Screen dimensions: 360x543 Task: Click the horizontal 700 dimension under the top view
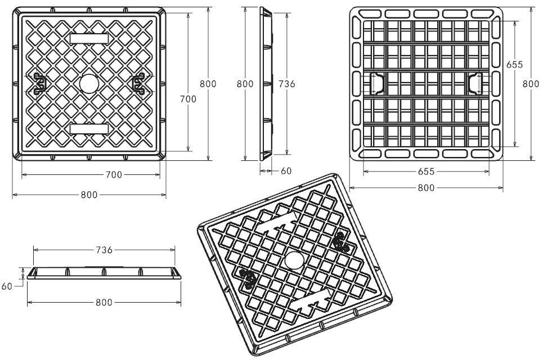(114, 175)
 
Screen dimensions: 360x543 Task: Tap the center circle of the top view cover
(89, 83)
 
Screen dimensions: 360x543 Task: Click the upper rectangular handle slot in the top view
(89, 38)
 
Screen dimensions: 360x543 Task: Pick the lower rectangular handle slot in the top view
(89, 129)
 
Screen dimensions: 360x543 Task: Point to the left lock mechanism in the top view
(39, 83)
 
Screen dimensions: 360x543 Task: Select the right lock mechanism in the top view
(138, 83)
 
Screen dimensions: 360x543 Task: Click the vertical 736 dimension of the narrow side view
(287, 83)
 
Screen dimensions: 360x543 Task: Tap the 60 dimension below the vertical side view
(286, 171)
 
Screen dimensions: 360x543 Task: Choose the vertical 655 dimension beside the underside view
(514, 65)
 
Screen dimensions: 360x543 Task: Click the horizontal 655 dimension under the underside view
(426, 171)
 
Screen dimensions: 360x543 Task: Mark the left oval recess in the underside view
(378, 83)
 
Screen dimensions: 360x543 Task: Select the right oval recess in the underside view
(475, 83)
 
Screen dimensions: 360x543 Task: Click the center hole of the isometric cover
(294, 260)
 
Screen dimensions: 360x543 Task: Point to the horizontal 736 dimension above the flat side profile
(105, 250)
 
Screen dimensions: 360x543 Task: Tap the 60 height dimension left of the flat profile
(7, 286)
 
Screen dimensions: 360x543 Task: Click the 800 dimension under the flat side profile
(104, 303)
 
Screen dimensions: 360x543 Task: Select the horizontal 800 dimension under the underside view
(426, 188)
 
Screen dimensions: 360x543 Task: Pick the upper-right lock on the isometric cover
(339, 242)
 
